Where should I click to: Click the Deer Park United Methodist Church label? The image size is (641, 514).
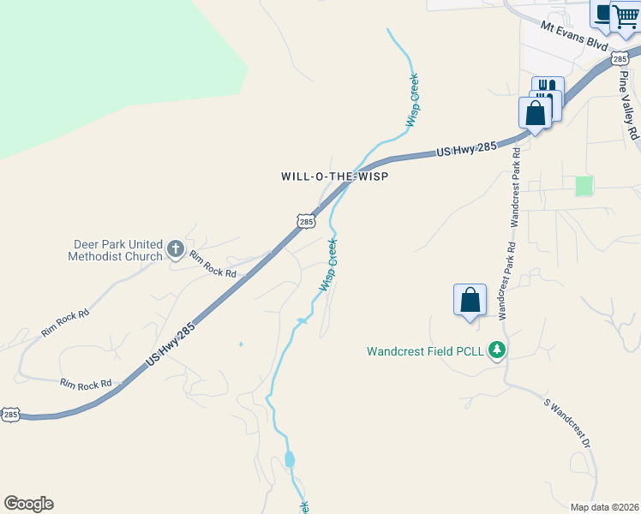click(117, 250)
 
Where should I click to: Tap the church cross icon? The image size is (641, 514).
click(176, 249)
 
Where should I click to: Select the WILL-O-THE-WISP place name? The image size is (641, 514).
click(335, 176)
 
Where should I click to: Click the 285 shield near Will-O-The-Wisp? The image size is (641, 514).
click(307, 221)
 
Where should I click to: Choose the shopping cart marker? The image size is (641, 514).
click(626, 16)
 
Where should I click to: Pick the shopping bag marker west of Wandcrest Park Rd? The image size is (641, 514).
click(470, 300)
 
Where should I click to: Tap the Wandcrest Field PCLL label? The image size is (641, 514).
click(426, 351)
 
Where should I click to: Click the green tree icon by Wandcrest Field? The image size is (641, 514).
click(496, 350)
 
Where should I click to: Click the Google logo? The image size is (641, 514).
click(28, 504)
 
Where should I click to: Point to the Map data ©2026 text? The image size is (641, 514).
click(604, 507)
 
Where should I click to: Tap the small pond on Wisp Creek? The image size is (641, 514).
click(290, 460)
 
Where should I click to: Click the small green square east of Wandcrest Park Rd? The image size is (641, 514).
click(584, 186)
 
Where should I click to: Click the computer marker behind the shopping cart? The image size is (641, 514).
click(604, 12)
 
